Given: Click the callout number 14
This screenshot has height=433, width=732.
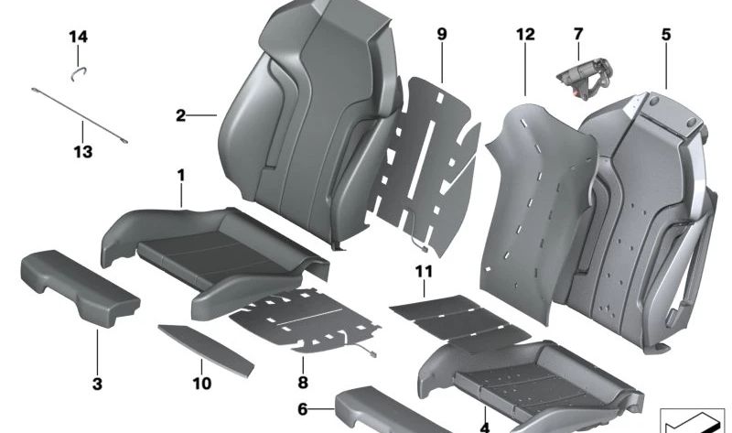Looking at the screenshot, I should pos(79,37).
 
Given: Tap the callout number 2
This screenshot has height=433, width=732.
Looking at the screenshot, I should pos(181,115).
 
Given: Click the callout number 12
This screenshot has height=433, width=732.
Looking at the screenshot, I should pos(524,35).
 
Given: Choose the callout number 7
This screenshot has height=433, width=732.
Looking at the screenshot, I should pos(577,35).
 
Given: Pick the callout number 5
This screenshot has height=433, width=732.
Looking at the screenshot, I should pos(665,35).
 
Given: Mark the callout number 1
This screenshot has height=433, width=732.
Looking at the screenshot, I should pos(181,174).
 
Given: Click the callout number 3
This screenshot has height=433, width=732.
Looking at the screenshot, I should pos(97,383).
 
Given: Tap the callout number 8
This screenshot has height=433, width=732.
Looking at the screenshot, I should pos(302,383).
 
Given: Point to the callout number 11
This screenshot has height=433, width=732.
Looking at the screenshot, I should pos(422,271).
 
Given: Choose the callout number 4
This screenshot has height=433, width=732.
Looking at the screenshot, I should pos(485,427).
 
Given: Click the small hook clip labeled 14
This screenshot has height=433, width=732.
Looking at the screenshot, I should pos(80,66).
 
